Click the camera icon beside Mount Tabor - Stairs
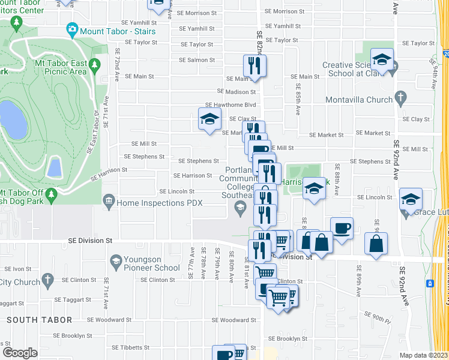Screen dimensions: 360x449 click(x=73, y=29)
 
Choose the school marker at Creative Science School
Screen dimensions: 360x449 click(x=382, y=59)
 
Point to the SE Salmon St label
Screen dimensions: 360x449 click(x=197, y=60)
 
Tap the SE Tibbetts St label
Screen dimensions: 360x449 click(x=130, y=347)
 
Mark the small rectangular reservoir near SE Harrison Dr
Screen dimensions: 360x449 click(x=53, y=166)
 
